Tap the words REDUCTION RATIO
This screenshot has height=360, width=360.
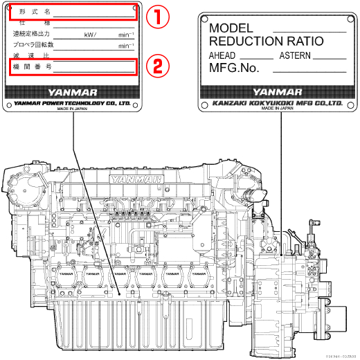pos(267,42)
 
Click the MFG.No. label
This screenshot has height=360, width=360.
pos(234,68)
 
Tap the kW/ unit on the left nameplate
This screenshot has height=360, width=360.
pos(90,34)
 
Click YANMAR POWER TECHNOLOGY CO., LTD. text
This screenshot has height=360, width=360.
pos(72,103)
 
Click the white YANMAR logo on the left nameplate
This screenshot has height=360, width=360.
pos(72,91)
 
